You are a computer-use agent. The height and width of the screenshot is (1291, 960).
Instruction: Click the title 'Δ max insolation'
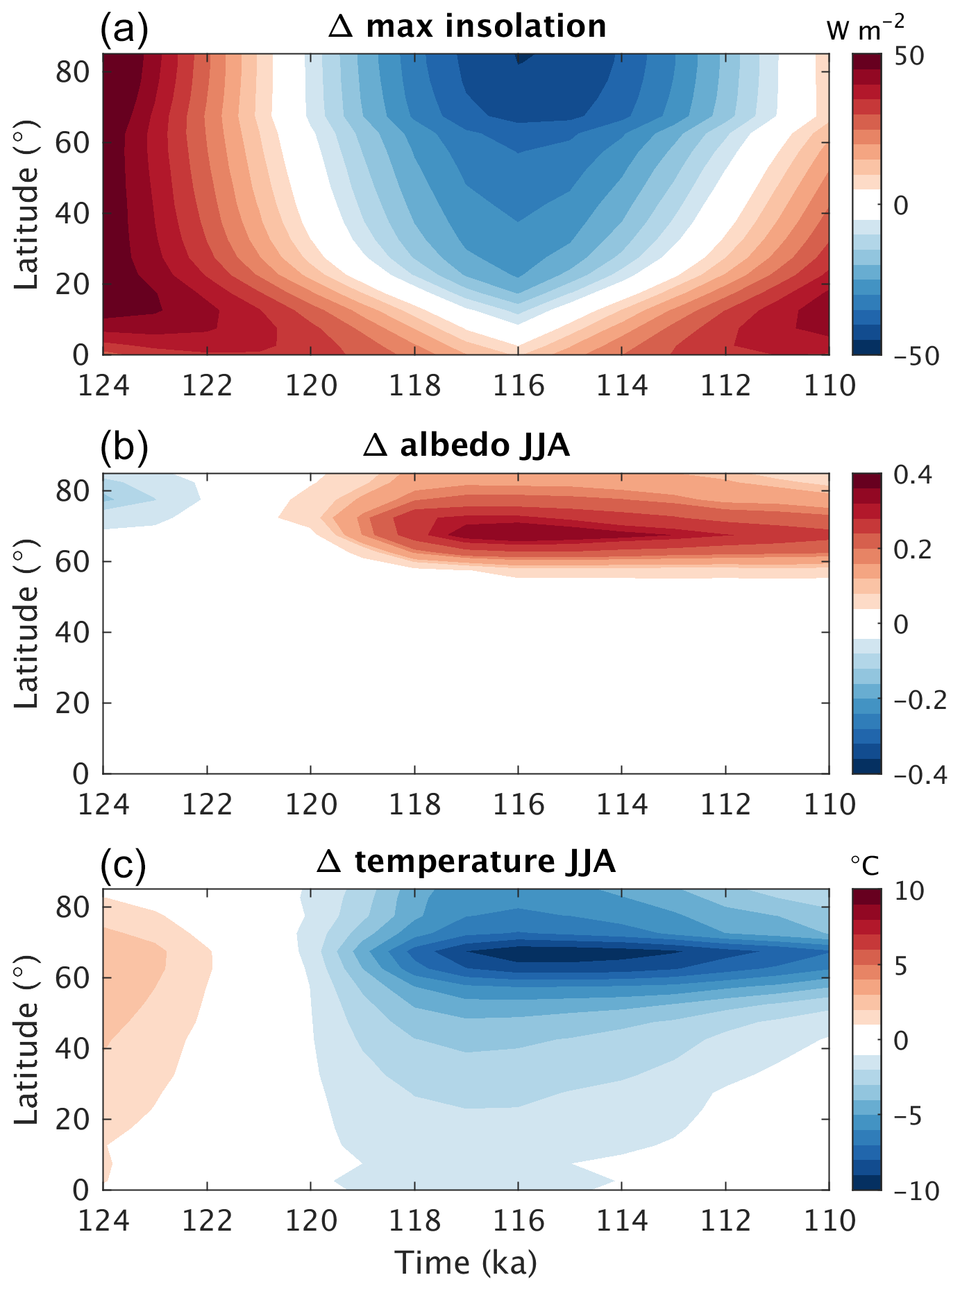coord(467,27)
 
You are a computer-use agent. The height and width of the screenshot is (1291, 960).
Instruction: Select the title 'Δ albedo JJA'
coord(466,446)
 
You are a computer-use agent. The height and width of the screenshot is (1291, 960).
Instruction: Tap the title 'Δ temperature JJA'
coord(466,862)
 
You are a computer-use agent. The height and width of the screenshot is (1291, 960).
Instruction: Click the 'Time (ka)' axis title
coord(466,1263)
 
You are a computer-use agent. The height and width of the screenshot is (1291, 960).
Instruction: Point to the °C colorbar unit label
coord(865,865)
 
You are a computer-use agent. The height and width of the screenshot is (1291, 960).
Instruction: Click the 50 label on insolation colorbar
coord(909,55)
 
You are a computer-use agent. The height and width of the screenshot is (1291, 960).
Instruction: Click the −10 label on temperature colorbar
coord(916,1192)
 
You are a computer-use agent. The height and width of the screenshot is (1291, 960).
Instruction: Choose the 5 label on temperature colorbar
coord(901,966)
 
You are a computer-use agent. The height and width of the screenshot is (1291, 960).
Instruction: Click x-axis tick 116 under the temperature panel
coord(518,1221)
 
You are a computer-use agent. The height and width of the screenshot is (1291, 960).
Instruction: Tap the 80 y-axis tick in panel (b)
coord(73,491)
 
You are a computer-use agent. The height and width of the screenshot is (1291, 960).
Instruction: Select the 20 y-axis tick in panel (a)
coord(73,284)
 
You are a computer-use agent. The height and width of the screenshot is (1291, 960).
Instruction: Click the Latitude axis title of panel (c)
coord(26,1039)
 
